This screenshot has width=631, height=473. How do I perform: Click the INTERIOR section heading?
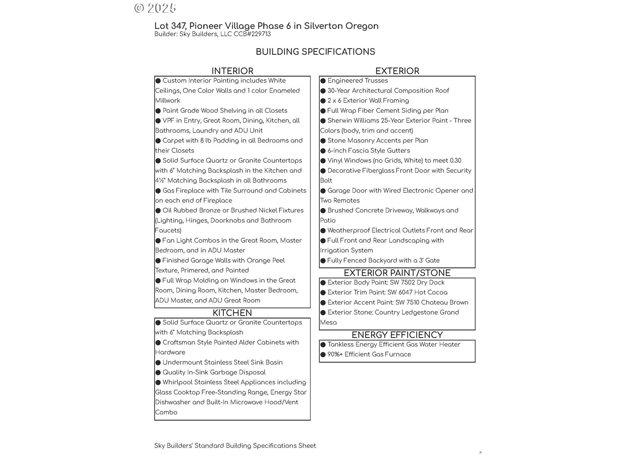(x=232, y=71)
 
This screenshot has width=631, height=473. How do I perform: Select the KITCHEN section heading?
(x=232, y=313)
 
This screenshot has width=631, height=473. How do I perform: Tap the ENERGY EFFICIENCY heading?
(x=397, y=335)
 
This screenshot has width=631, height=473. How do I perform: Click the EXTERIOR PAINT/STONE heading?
(x=397, y=273)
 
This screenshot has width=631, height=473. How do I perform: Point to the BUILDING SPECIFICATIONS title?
(x=315, y=52)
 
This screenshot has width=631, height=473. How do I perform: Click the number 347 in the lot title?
(x=178, y=26)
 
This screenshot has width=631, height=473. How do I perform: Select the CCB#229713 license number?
(x=252, y=34)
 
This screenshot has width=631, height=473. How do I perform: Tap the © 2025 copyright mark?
(x=155, y=8)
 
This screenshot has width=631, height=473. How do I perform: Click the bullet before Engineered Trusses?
(x=323, y=81)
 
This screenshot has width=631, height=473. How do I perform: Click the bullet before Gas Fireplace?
(x=158, y=191)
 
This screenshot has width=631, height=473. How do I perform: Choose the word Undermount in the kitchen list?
(x=182, y=362)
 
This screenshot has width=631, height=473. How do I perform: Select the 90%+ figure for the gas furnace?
(x=335, y=354)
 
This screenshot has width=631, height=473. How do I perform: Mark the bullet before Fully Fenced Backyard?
(x=323, y=260)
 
